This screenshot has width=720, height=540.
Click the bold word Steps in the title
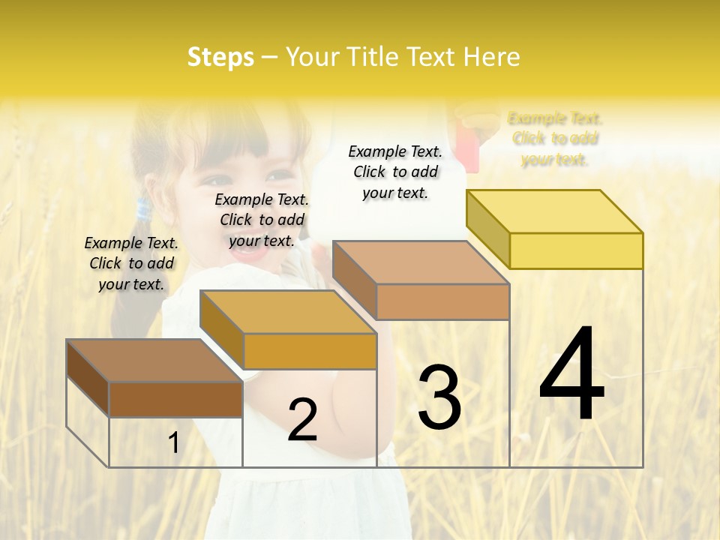tap(220, 57)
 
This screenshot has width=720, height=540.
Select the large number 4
tap(571, 374)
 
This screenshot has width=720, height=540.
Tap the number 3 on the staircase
tap(439, 397)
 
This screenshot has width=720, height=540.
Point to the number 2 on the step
tap(302, 420)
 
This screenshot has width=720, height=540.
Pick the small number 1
tap(174, 442)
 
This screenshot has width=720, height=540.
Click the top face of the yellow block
tap(555, 211)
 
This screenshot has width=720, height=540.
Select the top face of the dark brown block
tap(154, 361)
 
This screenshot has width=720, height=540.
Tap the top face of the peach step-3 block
tap(421, 262)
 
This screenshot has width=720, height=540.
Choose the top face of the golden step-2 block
tap(288, 312)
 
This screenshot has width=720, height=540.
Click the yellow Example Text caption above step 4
tap(555, 139)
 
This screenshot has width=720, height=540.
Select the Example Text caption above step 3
tap(395, 172)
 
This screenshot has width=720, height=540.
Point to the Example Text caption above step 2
tap(262, 220)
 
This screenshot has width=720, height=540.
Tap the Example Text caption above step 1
tap(131, 263)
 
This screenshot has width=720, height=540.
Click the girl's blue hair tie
tap(142, 210)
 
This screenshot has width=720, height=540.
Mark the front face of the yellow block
tap(576, 250)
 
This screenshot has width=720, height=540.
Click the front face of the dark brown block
tap(175, 399)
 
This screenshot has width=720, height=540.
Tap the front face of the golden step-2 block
tap(310, 351)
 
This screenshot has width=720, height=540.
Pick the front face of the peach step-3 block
tap(442, 301)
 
